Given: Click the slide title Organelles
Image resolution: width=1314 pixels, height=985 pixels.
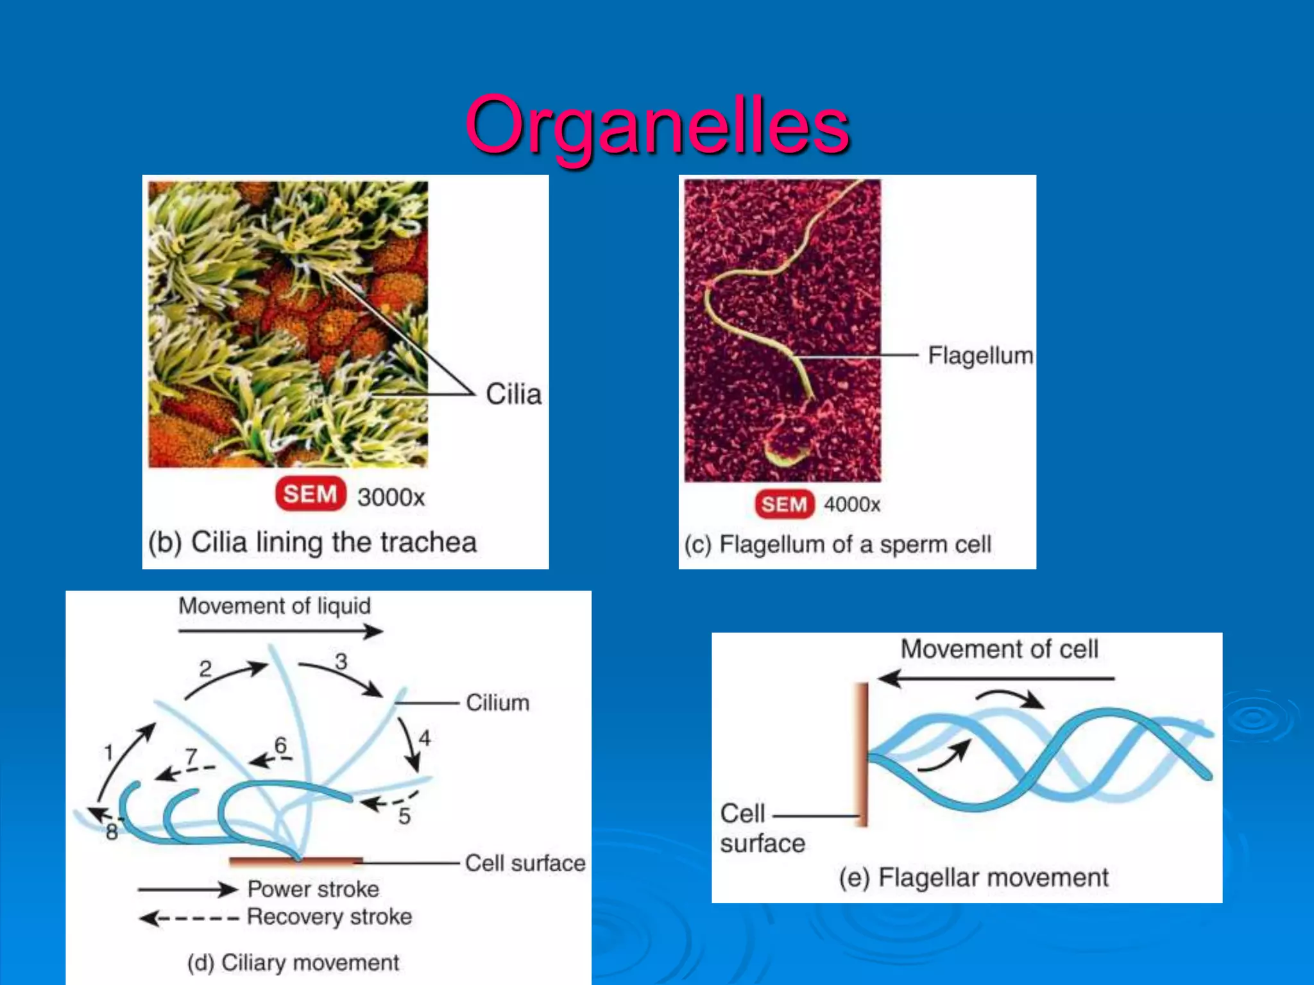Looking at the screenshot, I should (x=658, y=125).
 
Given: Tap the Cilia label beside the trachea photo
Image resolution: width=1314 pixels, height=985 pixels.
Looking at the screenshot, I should (x=513, y=394).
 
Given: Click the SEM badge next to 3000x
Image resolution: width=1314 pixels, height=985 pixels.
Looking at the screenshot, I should (x=311, y=494).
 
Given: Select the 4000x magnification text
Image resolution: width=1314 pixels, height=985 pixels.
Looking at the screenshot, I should (x=851, y=505).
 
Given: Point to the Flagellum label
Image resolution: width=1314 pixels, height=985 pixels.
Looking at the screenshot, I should (x=980, y=355).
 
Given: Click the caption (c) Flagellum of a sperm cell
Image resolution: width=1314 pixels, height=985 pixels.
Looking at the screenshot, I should (x=837, y=544).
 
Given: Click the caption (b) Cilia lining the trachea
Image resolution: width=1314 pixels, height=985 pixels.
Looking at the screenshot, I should (x=312, y=543).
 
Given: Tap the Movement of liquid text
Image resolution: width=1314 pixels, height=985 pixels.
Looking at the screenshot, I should (x=275, y=606).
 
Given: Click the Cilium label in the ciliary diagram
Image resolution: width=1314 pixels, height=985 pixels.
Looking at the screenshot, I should (x=497, y=703).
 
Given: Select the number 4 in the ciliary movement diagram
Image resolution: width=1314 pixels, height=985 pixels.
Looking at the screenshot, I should (x=424, y=739).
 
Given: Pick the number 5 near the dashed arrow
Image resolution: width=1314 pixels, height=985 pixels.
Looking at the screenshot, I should (x=404, y=816).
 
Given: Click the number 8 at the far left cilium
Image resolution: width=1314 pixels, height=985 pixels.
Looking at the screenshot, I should (x=112, y=832).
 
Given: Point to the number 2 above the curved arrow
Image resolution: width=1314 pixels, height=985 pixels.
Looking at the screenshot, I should (x=205, y=669).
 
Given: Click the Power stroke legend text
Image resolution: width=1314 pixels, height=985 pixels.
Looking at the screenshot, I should (x=313, y=889).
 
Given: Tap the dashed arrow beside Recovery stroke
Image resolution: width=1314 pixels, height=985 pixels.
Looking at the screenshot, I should (x=189, y=918).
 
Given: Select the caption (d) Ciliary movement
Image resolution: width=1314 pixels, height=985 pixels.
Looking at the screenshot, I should (x=293, y=963).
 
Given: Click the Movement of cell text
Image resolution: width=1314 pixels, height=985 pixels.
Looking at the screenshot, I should (x=999, y=649).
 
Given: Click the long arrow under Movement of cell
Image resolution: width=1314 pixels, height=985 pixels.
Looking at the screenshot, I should (x=996, y=678).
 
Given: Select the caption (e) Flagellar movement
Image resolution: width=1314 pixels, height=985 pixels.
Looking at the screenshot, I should (x=973, y=877).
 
